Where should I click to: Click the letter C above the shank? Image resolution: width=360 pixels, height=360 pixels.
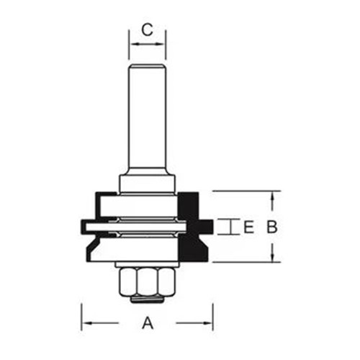[147, 30]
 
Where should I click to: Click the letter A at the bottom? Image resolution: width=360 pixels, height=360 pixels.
[148, 323]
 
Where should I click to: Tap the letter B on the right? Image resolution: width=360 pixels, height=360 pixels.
[272, 228]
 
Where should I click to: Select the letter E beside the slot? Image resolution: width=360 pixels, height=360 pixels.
[248, 228]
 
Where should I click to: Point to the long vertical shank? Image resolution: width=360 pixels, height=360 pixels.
[148, 115]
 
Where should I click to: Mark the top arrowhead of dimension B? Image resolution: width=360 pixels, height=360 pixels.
[272, 195]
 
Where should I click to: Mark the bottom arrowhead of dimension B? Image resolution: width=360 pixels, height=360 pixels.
[272, 258]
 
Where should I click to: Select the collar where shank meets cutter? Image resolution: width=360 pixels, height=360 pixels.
[148, 182]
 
